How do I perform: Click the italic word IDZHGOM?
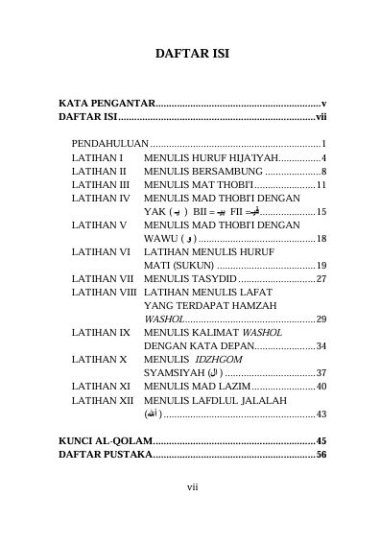pyautogui.click(x=208, y=358)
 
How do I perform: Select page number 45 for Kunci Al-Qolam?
pyautogui.click(x=321, y=439)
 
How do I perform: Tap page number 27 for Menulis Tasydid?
pyautogui.click(x=321, y=277)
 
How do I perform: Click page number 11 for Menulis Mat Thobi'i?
pyautogui.click(x=321, y=183)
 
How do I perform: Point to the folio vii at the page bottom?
pyautogui.click(x=191, y=487)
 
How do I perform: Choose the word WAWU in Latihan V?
pyautogui.click(x=160, y=237)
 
